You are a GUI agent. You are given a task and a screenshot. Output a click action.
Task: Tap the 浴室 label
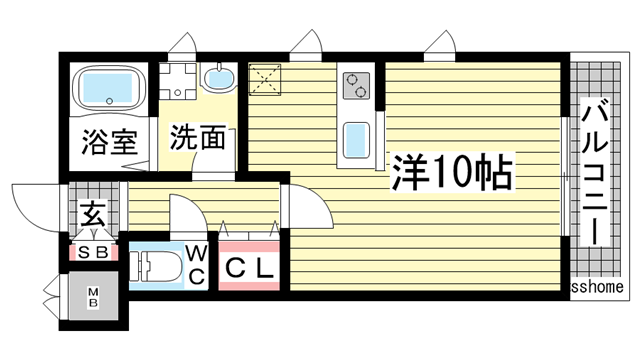click(x=107, y=141)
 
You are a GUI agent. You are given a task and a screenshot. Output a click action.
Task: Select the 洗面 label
click(x=195, y=138)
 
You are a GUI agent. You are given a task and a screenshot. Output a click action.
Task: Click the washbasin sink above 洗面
click(x=216, y=79)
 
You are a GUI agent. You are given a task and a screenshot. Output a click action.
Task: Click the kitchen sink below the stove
click(x=355, y=141)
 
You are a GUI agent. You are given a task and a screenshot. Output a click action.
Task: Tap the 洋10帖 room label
click(x=452, y=174)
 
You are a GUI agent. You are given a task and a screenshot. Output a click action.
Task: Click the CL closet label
click(x=249, y=269)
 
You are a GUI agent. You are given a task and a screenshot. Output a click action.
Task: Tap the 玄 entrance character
click(x=93, y=214)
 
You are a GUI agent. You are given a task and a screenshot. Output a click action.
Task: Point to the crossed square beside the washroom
click(x=265, y=79)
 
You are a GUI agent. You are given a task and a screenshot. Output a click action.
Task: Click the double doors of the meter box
click(x=51, y=297)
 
